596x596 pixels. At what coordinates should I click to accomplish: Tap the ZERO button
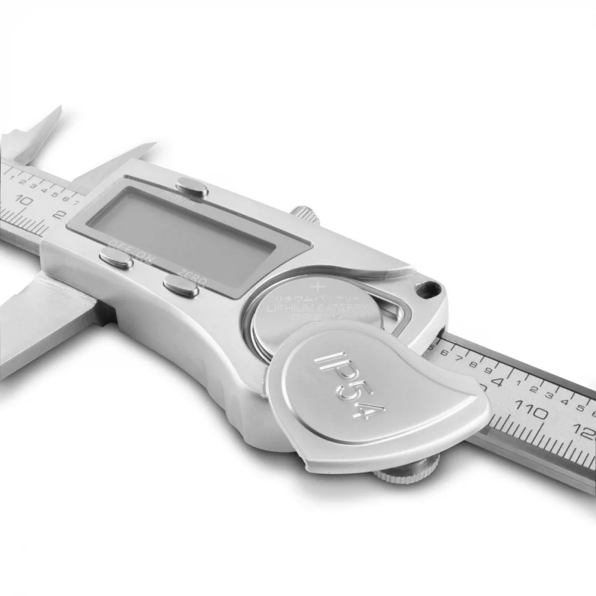pyautogui.click(x=181, y=287)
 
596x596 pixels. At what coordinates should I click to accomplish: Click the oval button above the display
pyautogui.click(x=192, y=190)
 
